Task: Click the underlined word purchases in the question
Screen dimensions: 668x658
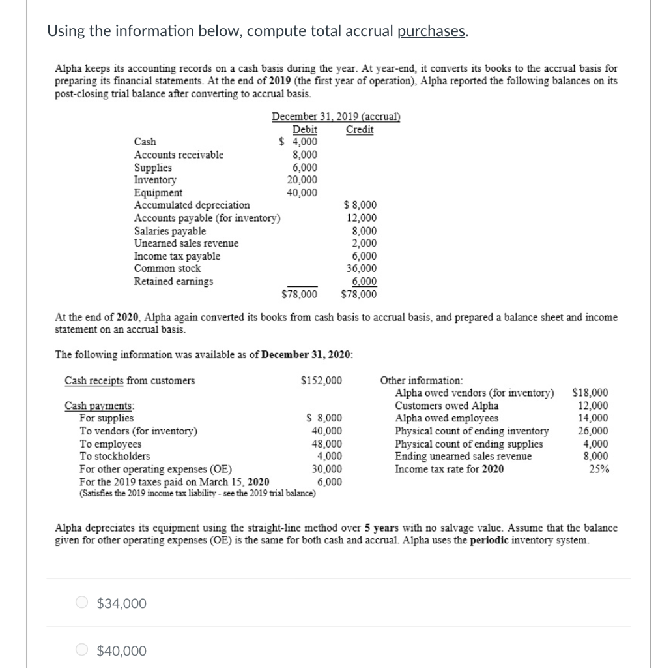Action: point(432,32)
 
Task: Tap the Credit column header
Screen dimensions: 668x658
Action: point(360,129)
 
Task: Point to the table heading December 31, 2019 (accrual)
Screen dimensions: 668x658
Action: point(336,117)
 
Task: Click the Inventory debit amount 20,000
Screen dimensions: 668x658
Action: point(302,179)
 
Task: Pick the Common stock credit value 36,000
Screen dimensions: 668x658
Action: point(363,268)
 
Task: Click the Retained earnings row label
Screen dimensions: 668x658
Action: point(173,281)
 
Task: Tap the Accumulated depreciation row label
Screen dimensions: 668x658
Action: point(192,205)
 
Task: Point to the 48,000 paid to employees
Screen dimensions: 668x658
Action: point(326,444)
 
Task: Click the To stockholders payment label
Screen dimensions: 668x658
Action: point(114,456)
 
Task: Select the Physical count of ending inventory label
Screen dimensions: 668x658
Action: point(472,431)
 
